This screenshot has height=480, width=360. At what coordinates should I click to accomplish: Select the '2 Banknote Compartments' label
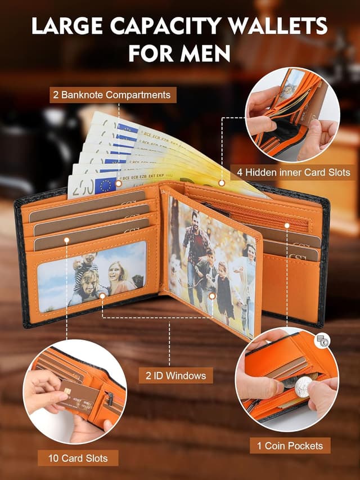click(x=112, y=95)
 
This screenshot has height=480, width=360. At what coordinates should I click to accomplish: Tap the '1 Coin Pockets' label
click(x=290, y=446)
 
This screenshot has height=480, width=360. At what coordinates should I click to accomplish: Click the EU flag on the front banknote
click(x=105, y=185)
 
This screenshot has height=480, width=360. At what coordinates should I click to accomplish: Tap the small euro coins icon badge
click(x=322, y=340)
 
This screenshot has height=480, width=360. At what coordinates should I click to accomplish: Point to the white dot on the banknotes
click(x=222, y=183)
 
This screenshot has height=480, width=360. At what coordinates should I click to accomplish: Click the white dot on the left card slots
click(x=66, y=240)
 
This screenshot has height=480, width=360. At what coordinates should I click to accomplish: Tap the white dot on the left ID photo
click(x=102, y=294)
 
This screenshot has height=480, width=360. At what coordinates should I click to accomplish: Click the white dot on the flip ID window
click(x=211, y=295)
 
